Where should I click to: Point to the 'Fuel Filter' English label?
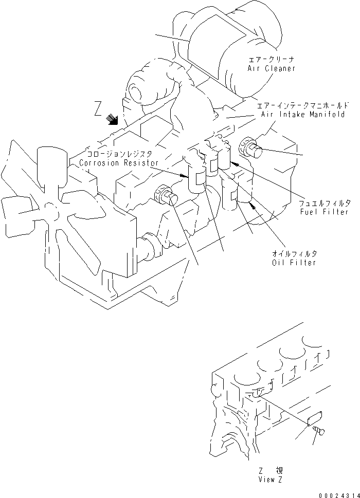pyautogui.click(x=325, y=212)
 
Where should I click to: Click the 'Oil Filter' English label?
pyautogui.click(x=294, y=262)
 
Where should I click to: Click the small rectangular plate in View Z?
pyautogui.click(x=313, y=417)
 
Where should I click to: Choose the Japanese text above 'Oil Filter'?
pyautogui.click(x=295, y=254)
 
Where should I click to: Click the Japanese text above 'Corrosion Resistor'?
pyautogui.click(x=117, y=154)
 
